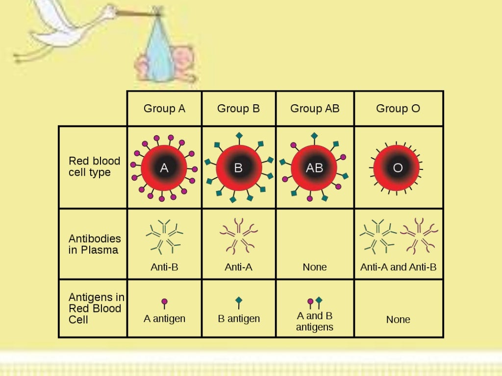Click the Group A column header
164,109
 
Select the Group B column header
238,109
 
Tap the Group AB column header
315,109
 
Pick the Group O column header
398,109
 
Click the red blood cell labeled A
164,168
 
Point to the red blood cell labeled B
238,168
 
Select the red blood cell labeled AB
314,168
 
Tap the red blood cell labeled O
398,168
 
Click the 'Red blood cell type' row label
94,166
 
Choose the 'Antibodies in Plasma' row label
95,244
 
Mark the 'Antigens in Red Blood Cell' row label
96,308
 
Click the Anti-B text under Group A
164,267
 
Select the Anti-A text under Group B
238,267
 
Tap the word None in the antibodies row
315,267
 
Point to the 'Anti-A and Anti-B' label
398,267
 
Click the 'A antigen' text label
164,319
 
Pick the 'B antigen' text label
239,319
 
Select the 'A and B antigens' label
315,321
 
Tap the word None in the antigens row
398,320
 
